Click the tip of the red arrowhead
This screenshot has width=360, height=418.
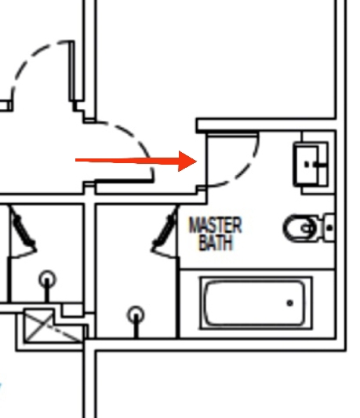click(197, 161)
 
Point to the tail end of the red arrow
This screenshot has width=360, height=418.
click(76, 160)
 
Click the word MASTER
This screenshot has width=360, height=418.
click(215, 225)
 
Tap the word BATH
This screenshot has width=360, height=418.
click(216, 242)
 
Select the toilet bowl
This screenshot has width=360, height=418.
click(300, 228)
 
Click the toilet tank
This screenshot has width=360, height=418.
click(329, 227)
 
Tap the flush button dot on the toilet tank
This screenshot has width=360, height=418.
click(329, 228)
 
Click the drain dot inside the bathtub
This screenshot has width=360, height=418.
click(290, 303)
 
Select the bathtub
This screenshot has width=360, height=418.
click(256, 303)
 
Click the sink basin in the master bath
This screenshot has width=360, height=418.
click(306, 165)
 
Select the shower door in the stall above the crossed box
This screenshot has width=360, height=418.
click(23, 232)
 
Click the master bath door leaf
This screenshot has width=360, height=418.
click(232, 134)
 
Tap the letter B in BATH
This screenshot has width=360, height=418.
click(203, 242)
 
